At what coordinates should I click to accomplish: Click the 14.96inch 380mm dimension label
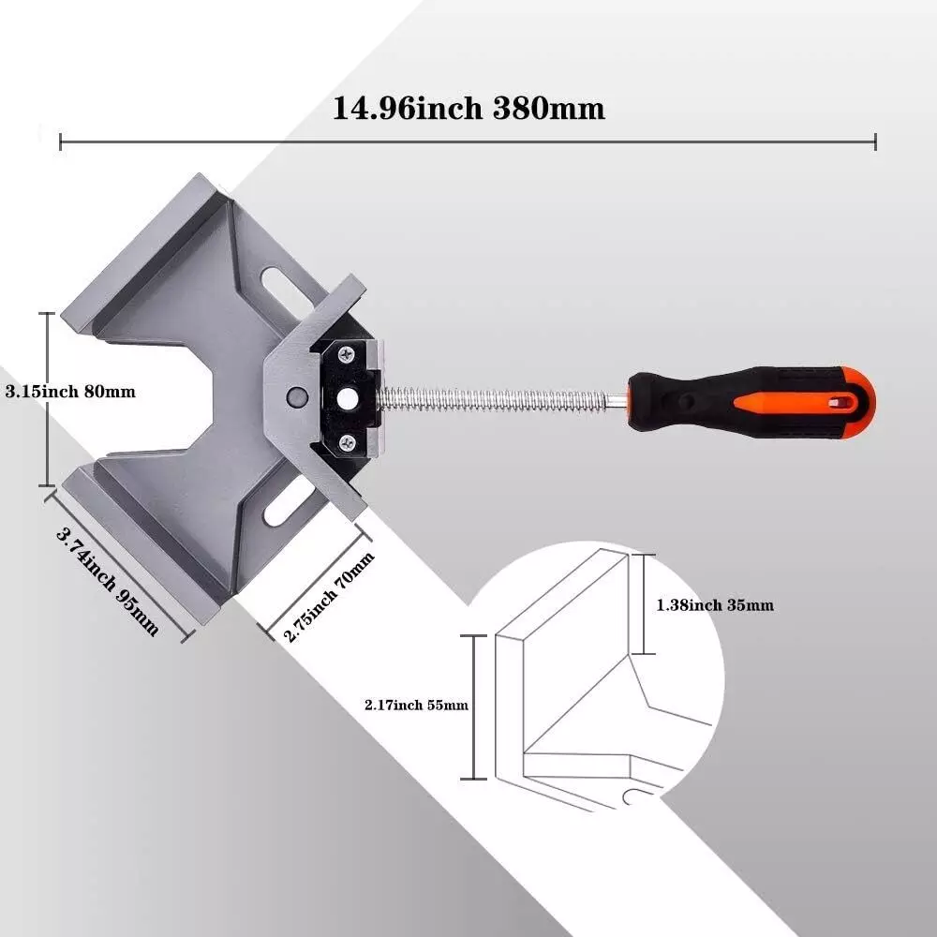tap(468, 109)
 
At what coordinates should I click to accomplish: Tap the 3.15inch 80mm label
tap(70, 392)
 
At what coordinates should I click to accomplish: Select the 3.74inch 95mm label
tap(108, 582)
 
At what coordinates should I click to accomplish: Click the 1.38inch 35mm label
tap(715, 605)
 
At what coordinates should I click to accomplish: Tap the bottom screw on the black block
tap(348, 441)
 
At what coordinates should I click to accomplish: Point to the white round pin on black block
tap(348, 398)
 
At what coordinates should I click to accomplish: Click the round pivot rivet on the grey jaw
tap(296, 395)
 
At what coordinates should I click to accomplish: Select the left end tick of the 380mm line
tap(61, 141)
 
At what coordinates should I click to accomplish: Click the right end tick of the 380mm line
tap(875, 141)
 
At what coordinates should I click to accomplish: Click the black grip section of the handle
tap(684, 401)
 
